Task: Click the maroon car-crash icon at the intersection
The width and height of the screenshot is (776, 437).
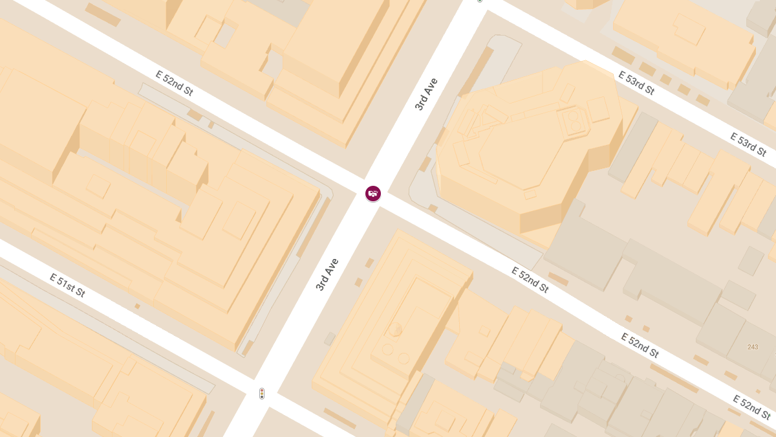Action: (373, 193)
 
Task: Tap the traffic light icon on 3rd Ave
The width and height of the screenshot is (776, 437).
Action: (262, 393)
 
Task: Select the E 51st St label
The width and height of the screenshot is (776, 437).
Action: (67, 285)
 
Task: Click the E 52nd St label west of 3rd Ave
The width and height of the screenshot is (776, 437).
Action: (175, 83)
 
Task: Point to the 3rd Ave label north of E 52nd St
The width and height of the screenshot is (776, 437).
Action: (427, 95)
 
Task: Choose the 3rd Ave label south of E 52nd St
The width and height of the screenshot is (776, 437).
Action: (327, 275)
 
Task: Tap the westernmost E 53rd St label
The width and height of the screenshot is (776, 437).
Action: (636, 83)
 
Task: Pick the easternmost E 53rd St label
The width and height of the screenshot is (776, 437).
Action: (748, 144)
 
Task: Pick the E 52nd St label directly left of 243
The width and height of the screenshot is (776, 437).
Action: (640, 345)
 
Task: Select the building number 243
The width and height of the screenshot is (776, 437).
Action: (753, 348)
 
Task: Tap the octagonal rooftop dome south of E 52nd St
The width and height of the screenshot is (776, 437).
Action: (395, 330)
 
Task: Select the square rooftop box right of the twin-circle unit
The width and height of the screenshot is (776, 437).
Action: (598, 108)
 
